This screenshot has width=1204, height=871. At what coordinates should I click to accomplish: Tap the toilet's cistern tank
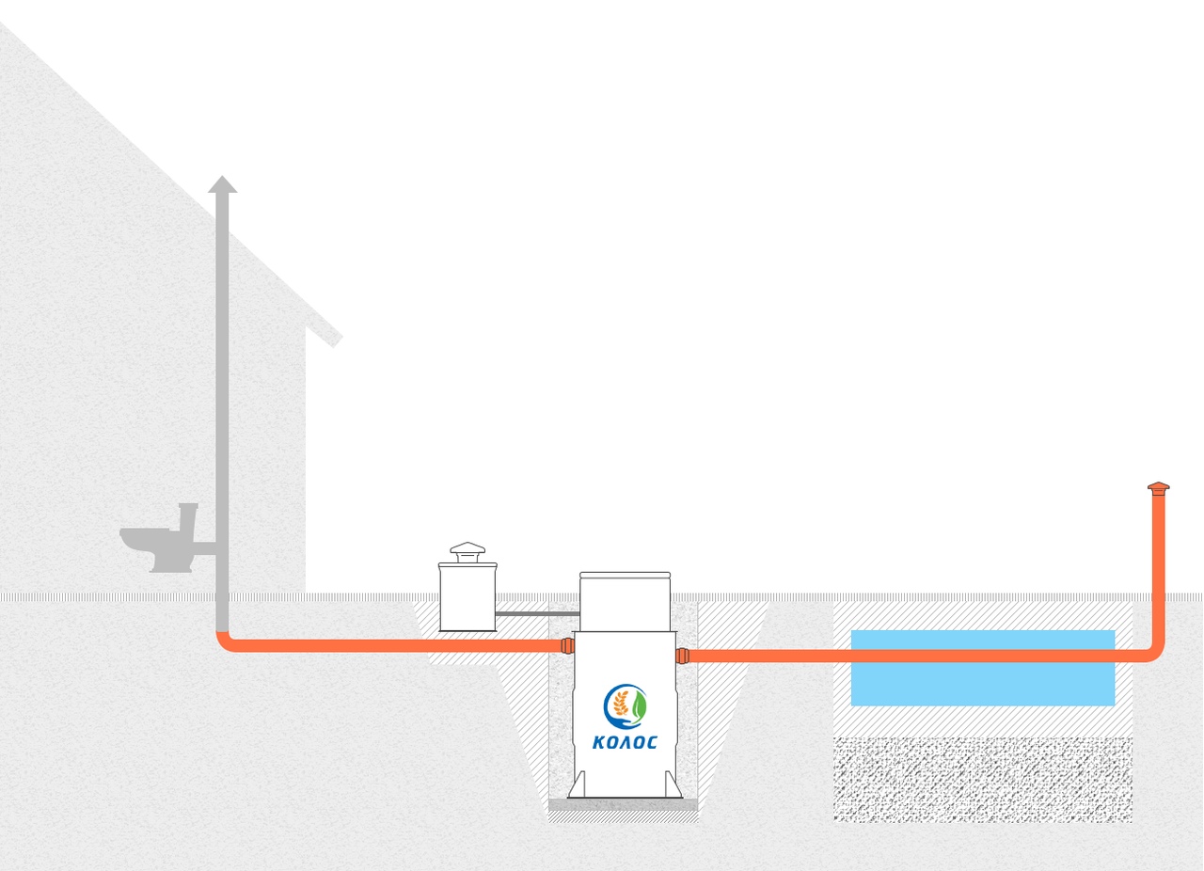pos(187,517)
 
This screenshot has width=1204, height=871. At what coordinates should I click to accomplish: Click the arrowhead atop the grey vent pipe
pos(223,183)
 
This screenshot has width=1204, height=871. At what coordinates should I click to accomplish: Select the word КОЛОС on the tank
pos(625,742)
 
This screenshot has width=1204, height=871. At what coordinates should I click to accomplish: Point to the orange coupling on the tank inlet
pos(567,645)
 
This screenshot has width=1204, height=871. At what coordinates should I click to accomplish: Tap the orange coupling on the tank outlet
pos(682,656)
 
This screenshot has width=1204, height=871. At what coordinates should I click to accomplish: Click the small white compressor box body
pos(467,597)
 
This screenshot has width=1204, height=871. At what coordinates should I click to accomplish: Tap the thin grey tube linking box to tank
pos(537,613)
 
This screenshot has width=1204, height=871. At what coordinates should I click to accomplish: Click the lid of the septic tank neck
pos(625,576)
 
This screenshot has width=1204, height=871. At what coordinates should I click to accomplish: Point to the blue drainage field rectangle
pos(983,668)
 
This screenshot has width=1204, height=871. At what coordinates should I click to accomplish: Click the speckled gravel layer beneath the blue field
pos(983,780)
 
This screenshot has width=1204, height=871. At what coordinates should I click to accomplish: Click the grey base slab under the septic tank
pos(623,805)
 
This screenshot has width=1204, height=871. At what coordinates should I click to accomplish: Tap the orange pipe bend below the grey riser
pos(225,643)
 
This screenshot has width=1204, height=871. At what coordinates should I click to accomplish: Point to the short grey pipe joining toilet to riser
pos(204,548)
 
